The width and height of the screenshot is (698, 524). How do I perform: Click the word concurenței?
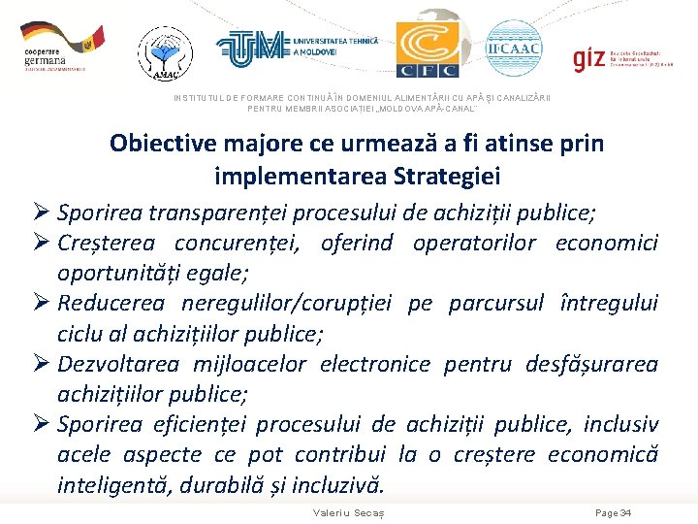pyautogui.click(x=246, y=243)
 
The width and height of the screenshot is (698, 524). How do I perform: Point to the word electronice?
pyautogui.click(x=374, y=365)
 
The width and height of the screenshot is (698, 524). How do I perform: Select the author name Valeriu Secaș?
pyautogui.click(x=349, y=512)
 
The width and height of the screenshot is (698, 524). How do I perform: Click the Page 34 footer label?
pyautogui.click(x=613, y=512)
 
